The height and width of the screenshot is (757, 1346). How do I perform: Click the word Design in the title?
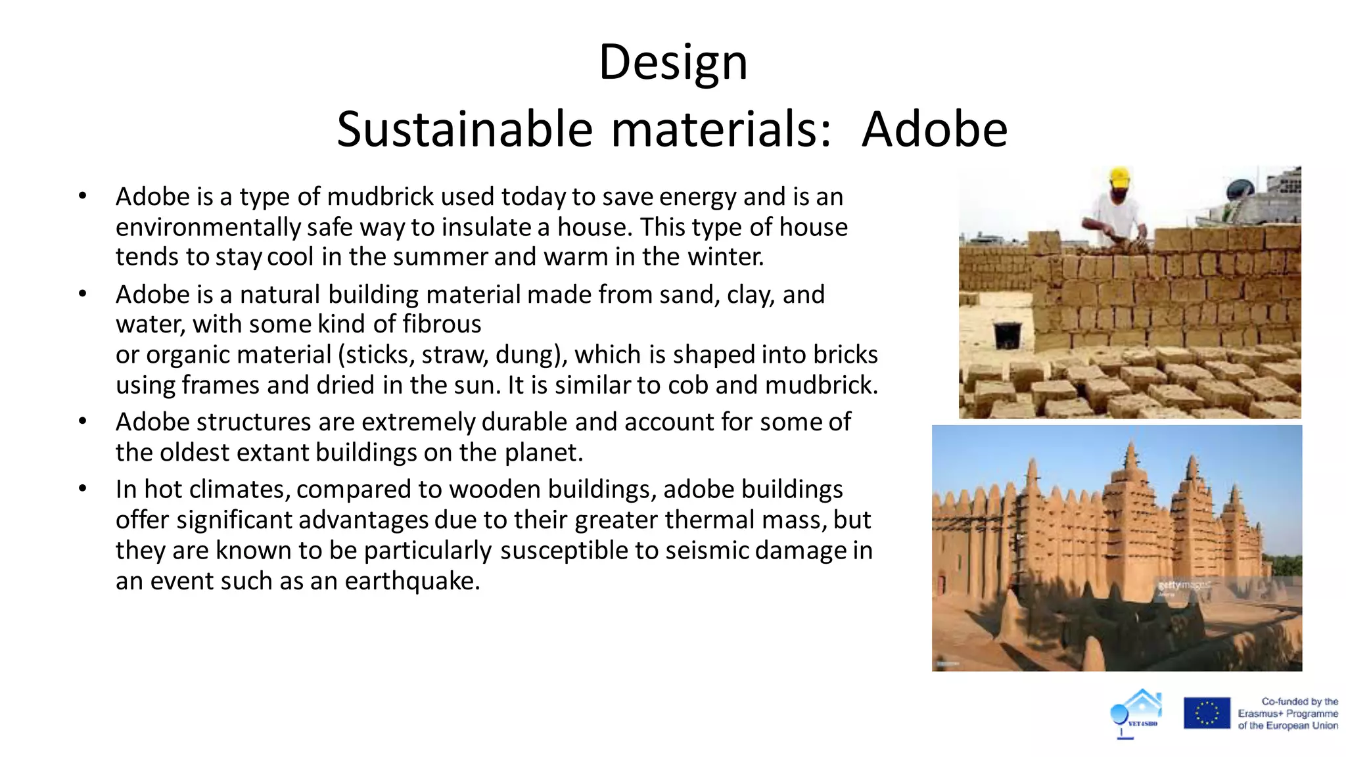pos(673,62)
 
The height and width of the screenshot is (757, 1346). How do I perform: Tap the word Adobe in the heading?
pos(934,129)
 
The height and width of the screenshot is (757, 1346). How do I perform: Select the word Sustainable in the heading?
pos(465,129)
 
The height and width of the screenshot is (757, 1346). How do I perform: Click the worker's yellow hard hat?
pos(1119,176)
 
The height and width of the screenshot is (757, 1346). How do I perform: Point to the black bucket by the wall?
pos(1007,333)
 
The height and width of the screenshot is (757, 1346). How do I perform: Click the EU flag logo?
pos(1207,713)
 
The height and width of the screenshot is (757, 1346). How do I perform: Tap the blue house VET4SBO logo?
pos(1137,712)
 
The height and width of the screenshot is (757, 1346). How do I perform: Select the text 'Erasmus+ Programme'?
pos(1288,714)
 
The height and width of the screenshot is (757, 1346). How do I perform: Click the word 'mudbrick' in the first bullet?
pos(381,196)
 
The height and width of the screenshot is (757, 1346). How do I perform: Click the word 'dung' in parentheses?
pos(530,355)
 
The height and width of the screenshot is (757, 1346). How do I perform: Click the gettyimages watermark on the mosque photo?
pos(1183,585)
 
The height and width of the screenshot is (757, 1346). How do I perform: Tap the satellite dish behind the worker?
pos(1240,190)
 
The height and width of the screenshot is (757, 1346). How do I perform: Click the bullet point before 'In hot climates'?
pos(82,489)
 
